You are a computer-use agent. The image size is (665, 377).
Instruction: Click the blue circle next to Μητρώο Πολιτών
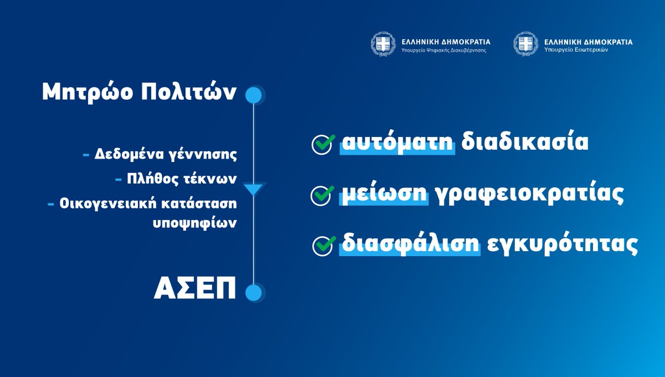(253, 95)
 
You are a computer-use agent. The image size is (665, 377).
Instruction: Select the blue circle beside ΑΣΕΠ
(253, 292)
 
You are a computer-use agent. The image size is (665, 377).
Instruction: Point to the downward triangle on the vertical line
(253, 190)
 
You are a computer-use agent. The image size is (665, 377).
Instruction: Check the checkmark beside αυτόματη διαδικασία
(323, 144)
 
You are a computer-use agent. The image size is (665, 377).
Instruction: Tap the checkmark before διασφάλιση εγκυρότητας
(324, 245)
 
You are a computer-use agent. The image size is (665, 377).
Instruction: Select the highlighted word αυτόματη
(397, 142)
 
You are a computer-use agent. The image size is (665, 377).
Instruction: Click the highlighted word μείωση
(384, 194)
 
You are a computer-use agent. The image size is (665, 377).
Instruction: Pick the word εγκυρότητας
(562, 244)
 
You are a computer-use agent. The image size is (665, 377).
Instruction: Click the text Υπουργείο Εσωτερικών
(576, 50)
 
